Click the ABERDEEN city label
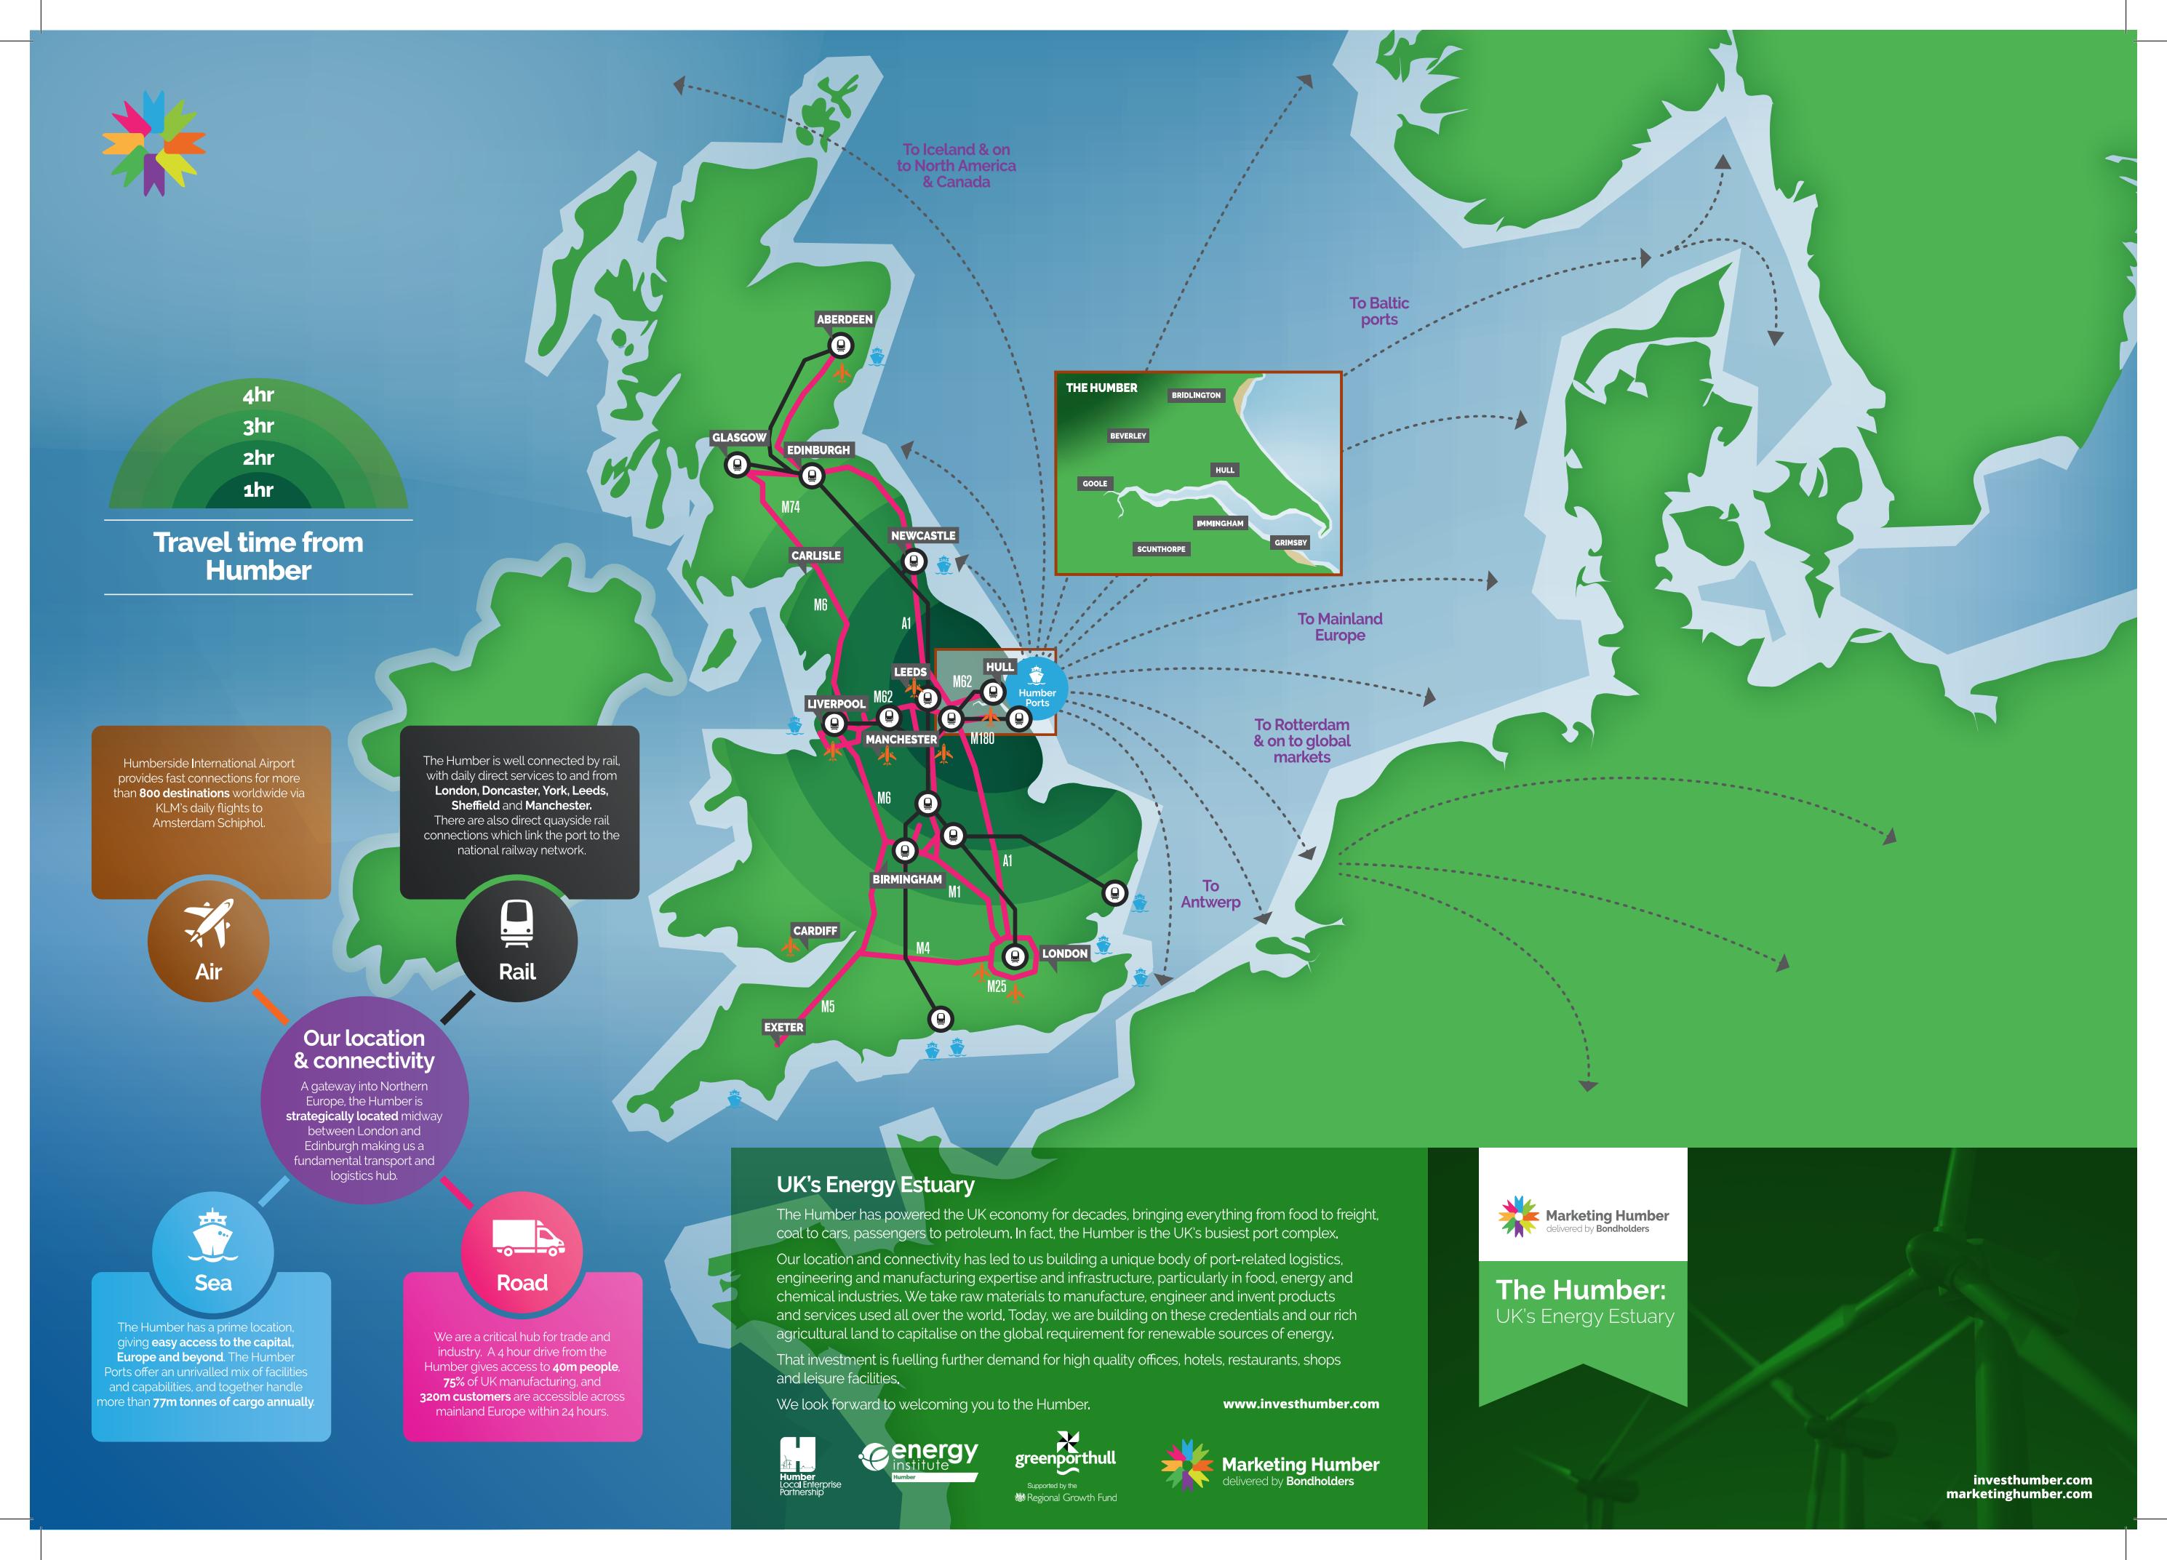click(844, 319)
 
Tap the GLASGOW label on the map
click(738, 438)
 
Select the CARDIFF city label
click(815, 930)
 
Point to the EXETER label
click(783, 1027)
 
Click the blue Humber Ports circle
click(1037, 689)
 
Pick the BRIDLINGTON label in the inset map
click(1195, 394)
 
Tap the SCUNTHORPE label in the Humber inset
click(1161, 549)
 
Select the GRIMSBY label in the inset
click(1290, 543)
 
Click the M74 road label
click(790, 507)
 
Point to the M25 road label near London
click(997, 987)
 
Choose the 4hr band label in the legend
click(258, 394)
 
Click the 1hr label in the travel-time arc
click(258, 490)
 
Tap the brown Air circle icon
click(208, 941)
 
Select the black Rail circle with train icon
click(517, 941)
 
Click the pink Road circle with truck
click(522, 1252)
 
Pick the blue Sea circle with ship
click(213, 1252)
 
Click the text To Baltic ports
click(1378, 311)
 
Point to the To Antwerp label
click(1210, 894)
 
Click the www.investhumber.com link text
click(1301, 1404)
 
